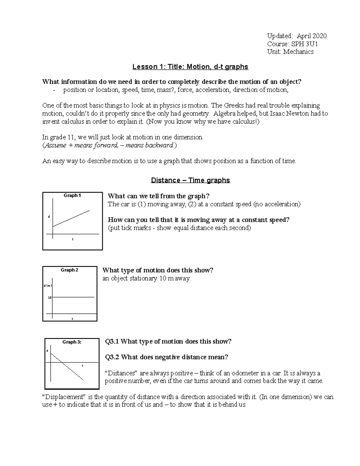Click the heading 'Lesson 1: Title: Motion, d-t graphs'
point(190,67)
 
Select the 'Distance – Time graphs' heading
point(190,180)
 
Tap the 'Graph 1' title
point(72,196)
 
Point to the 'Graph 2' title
point(69,270)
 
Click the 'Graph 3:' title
point(72,342)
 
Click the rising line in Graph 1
point(71,218)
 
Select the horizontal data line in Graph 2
point(73,297)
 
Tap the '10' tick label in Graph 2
point(50,297)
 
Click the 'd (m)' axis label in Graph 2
point(48,286)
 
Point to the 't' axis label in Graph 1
point(73,239)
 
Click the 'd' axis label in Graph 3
point(47,350)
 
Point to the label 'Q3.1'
point(112,341)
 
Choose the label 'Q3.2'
point(112,357)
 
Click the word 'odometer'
point(233,373)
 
